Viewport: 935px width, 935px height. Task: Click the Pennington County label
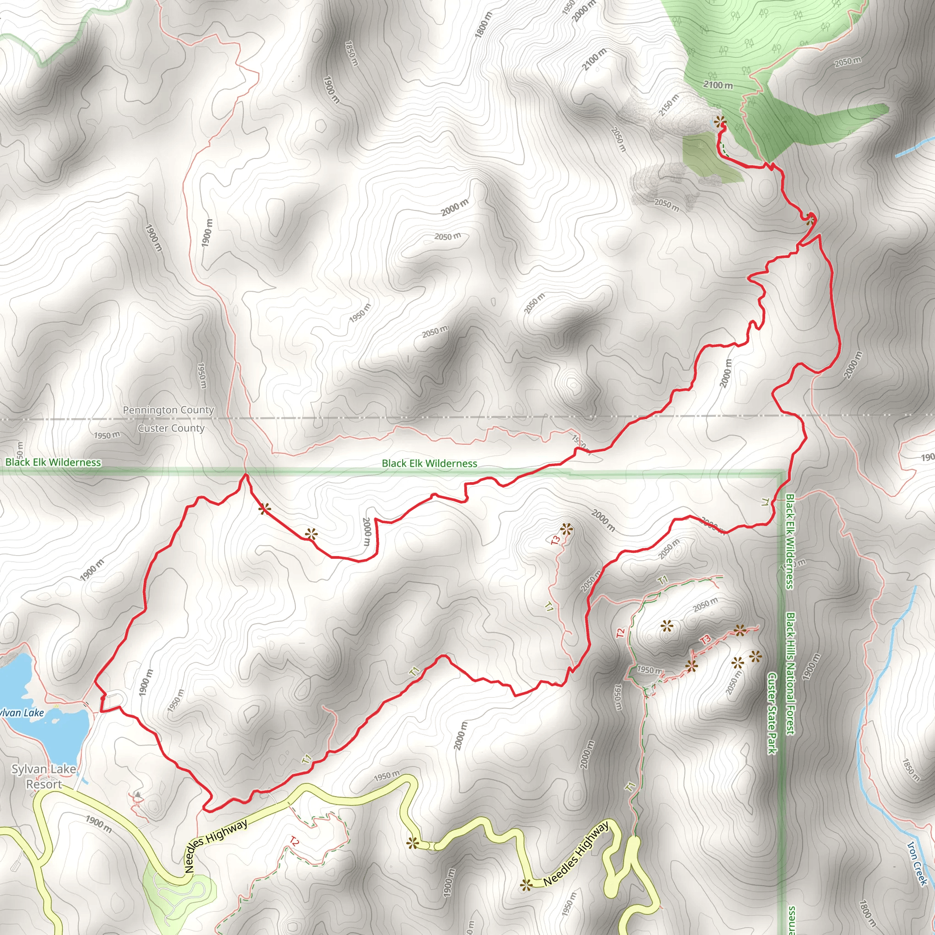pyautogui.click(x=168, y=410)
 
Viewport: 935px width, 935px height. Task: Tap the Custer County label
pyautogui.click(x=171, y=428)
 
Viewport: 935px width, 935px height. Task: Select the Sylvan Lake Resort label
pyautogui.click(x=44, y=776)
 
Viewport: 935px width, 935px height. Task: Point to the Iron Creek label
pyautogui.click(x=918, y=863)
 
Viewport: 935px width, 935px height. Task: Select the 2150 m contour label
pyautogui.click(x=669, y=105)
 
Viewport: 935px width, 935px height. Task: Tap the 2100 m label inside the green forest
pyautogui.click(x=718, y=85)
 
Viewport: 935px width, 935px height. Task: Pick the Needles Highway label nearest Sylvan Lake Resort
pyautogui.click(x=216, y=846)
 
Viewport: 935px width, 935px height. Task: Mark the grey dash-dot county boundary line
pyautogui.click(x=436, y=417)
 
